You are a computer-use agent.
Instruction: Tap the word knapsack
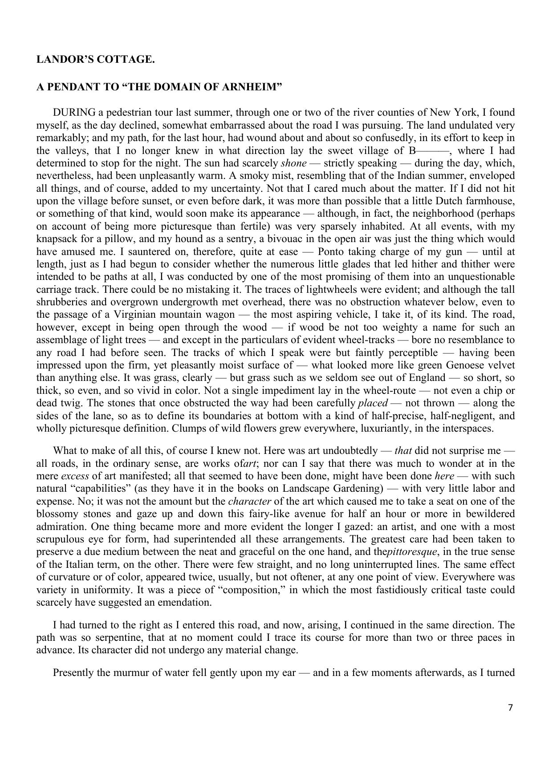pyautogui.click(x=57, y=239)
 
